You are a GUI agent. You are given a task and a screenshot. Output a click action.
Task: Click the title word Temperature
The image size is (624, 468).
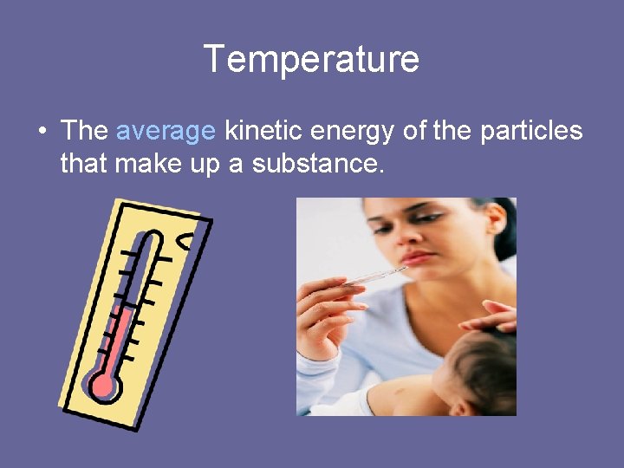[x=311, y=60]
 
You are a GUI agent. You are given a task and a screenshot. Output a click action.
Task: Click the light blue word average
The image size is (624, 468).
[x=165, y=131]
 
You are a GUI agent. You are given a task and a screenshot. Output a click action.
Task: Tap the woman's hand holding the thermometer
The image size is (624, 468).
[x=321, y=312]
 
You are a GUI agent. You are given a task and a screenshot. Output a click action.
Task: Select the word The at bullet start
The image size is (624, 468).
[x=84, y=131]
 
